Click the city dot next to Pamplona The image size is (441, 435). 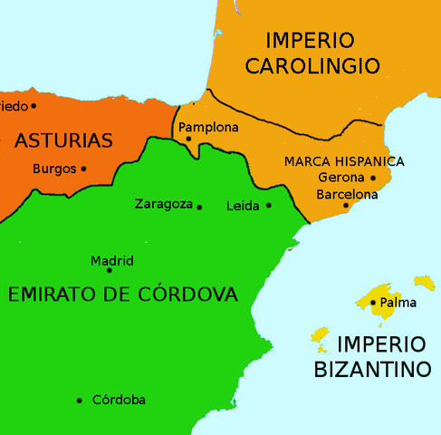188,139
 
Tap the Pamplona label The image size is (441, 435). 208,127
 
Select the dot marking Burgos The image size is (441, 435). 83,168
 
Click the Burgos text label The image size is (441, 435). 53,168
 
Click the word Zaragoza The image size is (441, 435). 163,204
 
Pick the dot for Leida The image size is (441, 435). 269,205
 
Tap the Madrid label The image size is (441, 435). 112,261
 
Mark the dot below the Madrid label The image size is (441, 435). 110,270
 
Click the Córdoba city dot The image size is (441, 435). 80,400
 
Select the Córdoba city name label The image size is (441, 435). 119,400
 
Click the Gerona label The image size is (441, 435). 340,178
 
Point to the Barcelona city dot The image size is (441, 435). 345,206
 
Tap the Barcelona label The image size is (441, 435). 347,194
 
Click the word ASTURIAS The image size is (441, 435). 63,140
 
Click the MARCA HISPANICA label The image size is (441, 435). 344,161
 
